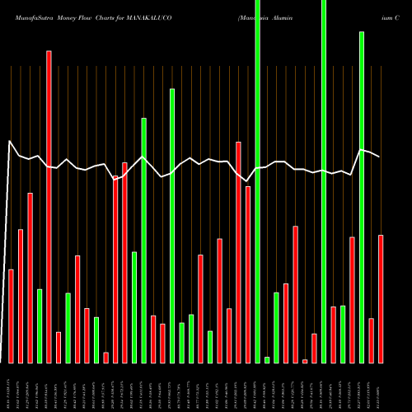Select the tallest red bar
[49, 206]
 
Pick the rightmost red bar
[381, 298]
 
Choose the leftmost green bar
[39, 325]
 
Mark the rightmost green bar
[362, 197]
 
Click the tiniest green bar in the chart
[267, 359]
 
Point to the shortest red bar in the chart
[305, 361]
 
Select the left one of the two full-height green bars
[258, 181]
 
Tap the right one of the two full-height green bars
[324, 181]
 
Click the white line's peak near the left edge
[10, 142]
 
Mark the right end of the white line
[380, 157]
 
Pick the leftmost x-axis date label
[10, 387]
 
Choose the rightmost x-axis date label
[381, 387]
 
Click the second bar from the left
[21, 296]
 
